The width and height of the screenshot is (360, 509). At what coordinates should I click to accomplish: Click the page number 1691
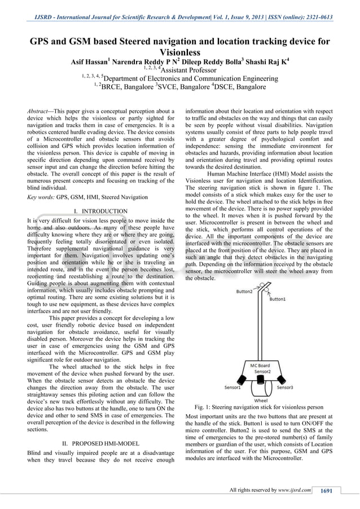(327, 490)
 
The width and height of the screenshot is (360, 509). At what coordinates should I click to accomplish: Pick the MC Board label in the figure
(260, 365)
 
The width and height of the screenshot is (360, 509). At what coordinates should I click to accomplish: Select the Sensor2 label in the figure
(263, 372)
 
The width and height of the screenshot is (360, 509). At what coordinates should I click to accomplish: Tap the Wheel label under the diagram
(261, 400)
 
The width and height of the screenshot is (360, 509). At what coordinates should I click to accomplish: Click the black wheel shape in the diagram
(260, 388)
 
